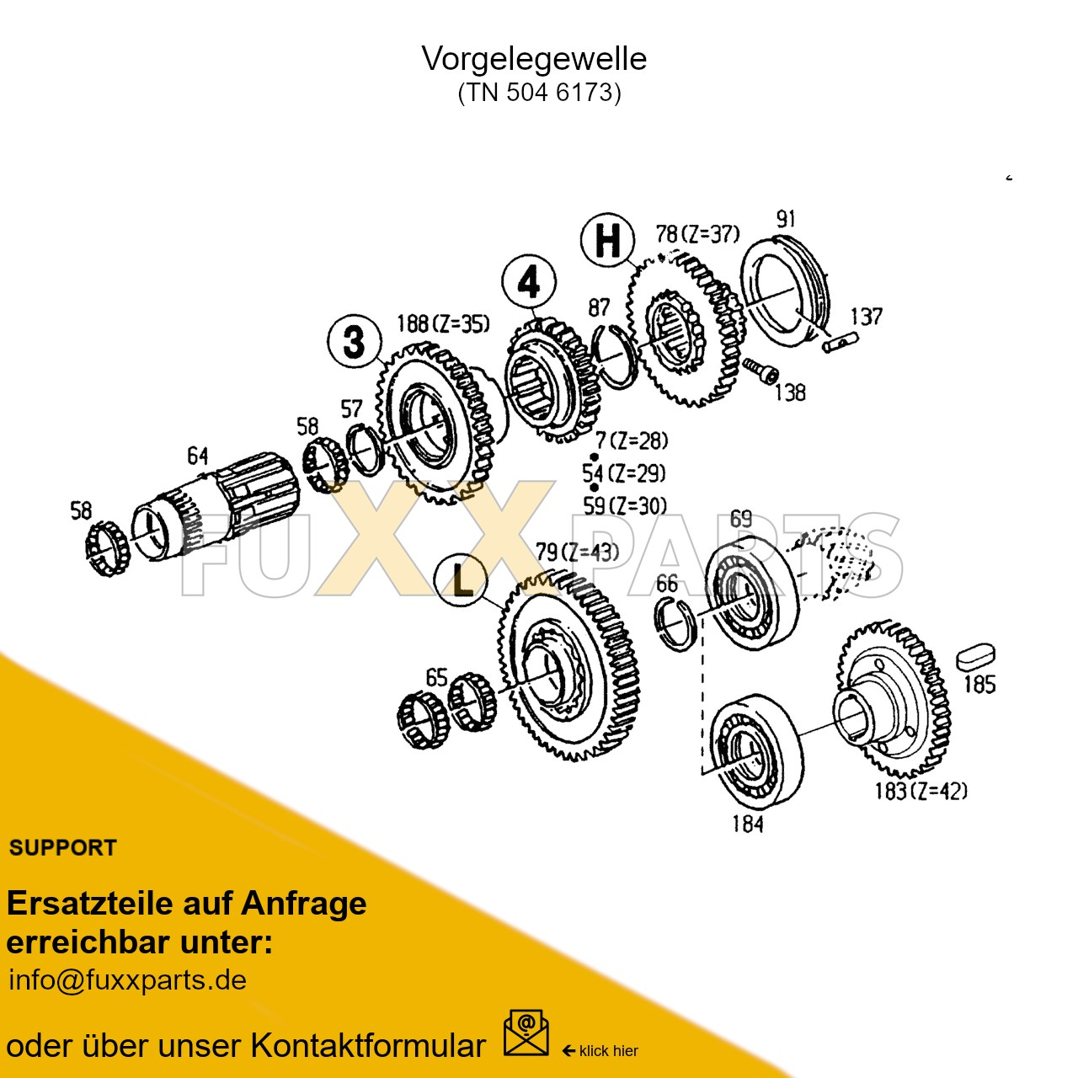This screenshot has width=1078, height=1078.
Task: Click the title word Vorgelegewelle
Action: pyautogui.click(x=534, y=59)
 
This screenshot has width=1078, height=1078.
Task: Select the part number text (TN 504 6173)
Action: pyautogui.click(x=539, y=92)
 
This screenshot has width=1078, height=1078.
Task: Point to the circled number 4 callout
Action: pyautogui.click(x=529, y=282)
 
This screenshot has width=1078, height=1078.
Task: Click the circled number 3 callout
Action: pyautogui.click(x=355, y=341)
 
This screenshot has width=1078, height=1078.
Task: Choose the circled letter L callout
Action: pyautogui.click(x=461, y=580)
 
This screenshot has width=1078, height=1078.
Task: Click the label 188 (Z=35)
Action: pyautogui.click(x=443, y=324)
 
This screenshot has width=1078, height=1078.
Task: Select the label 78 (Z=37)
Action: pyautogui.click(x=697, y=234)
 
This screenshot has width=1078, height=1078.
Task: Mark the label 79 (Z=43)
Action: pyautogui.click(x=577, y=552)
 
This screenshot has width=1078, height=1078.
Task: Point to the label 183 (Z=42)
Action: pyautogui.click(x=921, y=791)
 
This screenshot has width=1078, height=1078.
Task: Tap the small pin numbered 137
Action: pyautogui.click(x=840, y=342)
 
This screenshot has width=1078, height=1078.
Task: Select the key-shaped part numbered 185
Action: pyautogui.click(x=976, y=657)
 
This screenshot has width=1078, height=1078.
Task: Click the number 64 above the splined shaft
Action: pyautogui.click(x=198, y=456)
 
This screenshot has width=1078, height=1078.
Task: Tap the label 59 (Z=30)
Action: pyautogui.click(x=625, y=505)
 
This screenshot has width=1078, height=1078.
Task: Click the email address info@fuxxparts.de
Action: pyautogui.click(x=127, y=980)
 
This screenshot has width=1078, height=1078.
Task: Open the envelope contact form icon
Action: pyautogui.click(x=526, y=1034)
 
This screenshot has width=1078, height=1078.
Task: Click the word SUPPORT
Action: pyautogui.click(x=63, y=848)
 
